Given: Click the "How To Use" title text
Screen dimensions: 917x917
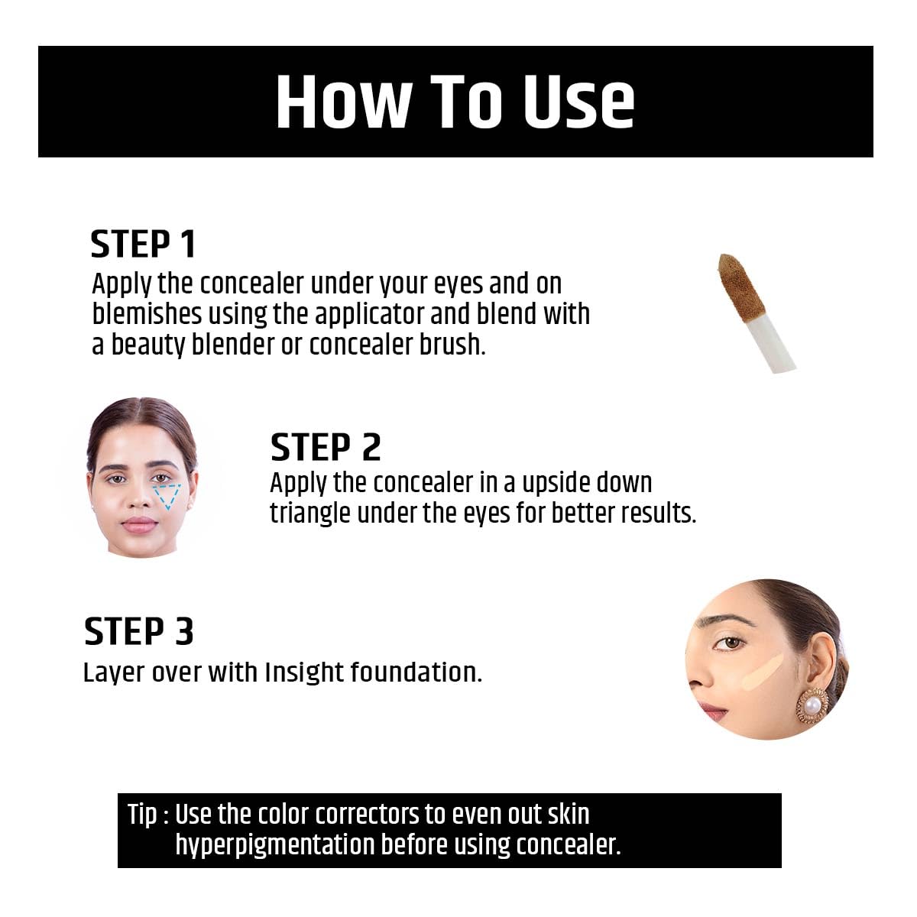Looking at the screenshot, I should (x=455, y=102).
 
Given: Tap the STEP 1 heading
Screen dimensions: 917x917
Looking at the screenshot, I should (x=143, y=245).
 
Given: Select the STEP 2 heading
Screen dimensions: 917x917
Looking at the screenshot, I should (x=326, y=447).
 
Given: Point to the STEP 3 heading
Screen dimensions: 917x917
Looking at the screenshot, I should (x=138, y=632).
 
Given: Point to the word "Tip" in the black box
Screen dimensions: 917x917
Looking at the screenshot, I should (x=142, y=815).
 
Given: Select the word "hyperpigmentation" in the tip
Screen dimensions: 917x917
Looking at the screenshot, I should (x=274, y=845).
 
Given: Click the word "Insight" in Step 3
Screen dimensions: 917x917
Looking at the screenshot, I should (x=305, y=672).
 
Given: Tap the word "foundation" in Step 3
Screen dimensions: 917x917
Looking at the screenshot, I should (x=416, y=672).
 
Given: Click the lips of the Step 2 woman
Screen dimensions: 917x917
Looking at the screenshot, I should (x=140, y=523).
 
